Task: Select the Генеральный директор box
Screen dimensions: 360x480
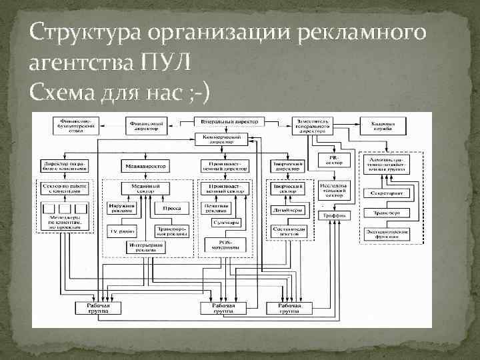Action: click(229, 123)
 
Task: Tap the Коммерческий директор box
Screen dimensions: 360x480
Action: click(221, 139)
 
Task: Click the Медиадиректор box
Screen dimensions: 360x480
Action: click(144, 165)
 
